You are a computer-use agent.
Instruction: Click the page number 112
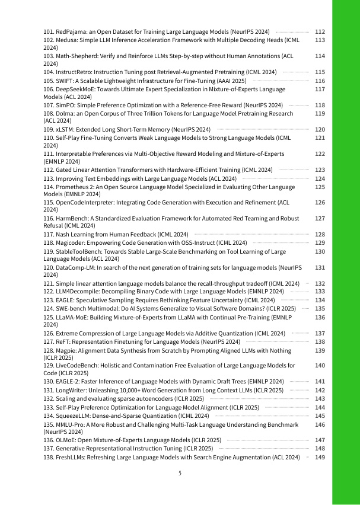coord(320,31)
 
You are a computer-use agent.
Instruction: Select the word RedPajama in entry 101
coord(73,31)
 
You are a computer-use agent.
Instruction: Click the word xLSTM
coord(67,129)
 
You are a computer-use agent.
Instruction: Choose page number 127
coord(320,219)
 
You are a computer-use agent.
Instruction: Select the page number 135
coord(320,308)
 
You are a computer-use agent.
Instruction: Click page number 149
coord(320,457)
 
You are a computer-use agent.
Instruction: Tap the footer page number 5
coord(180,474)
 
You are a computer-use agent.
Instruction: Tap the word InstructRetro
coord(77,72)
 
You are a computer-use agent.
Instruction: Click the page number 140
coord(320,366)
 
